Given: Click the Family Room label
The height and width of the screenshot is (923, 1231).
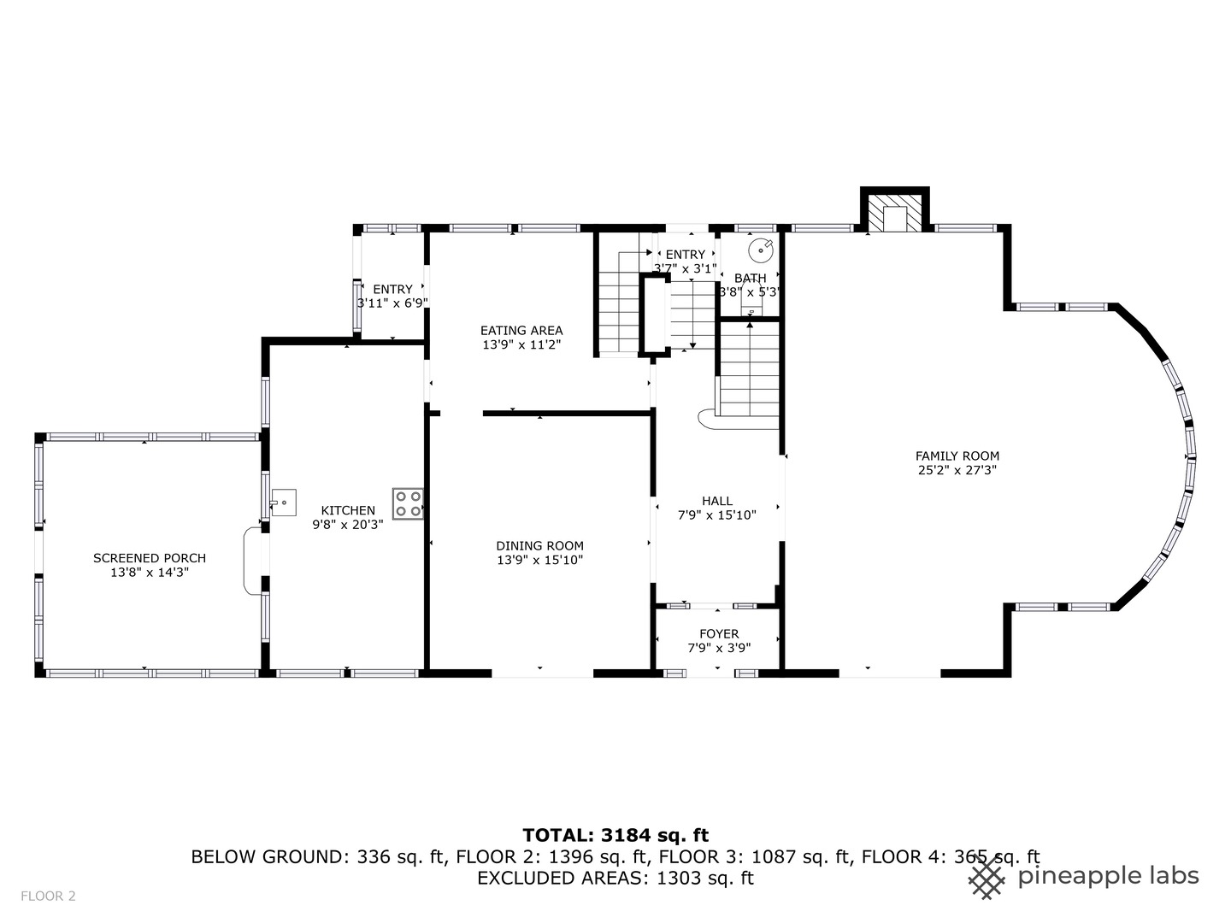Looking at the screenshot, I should pyautogui.click(x=957, y=456).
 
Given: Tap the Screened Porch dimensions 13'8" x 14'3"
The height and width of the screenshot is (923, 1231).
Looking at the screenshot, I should pyautogui.click(x=150, y=573).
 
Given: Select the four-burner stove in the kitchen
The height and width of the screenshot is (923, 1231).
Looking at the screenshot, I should pyautogui.click(x=408, y=503).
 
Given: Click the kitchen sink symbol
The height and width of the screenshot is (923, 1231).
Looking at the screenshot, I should pyautogui.click(x=283, y=501).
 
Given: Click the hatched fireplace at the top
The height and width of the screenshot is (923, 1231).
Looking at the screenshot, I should pyautogui.click(x=894, y=213).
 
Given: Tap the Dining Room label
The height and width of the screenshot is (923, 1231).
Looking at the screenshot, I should pyautogui.click(x=539, y=546).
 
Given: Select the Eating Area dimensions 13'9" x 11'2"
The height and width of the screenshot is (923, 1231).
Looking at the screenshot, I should pyautogui.click(x=521, y=345).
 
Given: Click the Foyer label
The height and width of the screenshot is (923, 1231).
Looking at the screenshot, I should pyautogui.click(x=719, y=634).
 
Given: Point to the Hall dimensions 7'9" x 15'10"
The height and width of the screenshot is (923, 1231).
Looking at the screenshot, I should pyautogui.click(x=717, y=515).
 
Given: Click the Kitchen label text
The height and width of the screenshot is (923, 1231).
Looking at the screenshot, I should pyautogui.click(x=348, y=511).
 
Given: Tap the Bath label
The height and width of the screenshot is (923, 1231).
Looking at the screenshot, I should pyautogui.click(x=751, y=279).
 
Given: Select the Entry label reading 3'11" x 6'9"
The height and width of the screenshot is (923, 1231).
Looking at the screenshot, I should pyautogui.click(x=392, y=303).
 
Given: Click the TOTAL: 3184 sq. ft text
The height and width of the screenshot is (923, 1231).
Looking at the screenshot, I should pyautogui.click(x=615, y=835).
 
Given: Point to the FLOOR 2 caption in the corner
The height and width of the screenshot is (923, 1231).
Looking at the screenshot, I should pyautogui.click(x=48, y=896).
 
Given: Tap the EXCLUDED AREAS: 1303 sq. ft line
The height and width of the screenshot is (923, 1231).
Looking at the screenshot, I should pyautogui.click(x=615, y=878).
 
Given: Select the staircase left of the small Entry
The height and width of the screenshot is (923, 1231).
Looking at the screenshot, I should pyautogui.click(x=618, y=303).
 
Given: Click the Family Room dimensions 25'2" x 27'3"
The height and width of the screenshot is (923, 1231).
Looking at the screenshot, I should pyautogui.click(x=957, y=470).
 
